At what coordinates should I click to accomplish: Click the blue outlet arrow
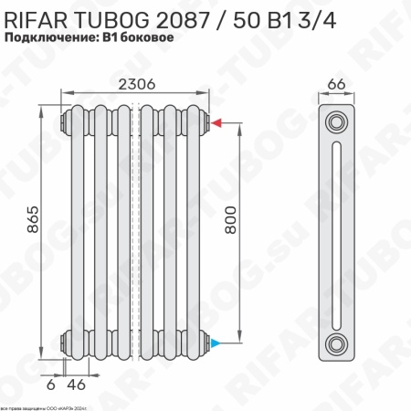[x=216, y=343]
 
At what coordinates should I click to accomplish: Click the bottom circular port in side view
[x=338, y=344]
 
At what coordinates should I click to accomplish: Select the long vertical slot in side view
[x=338, y=233]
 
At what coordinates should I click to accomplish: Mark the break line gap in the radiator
[x=135, y=232]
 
